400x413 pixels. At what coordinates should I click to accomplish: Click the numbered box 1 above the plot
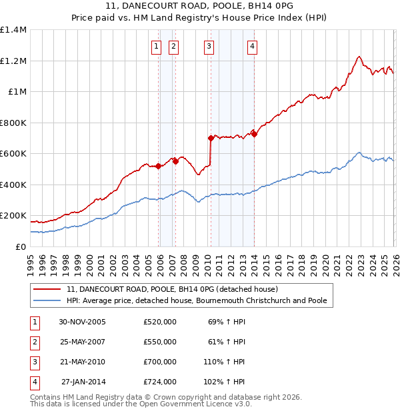coord(156,46)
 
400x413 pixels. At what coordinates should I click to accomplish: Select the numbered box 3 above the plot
coord(209,46)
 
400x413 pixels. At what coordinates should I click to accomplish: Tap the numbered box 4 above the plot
coord(253,46)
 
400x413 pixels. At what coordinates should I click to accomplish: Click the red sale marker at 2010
coord(211,139)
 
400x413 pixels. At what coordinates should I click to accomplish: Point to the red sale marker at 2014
coord(254,134)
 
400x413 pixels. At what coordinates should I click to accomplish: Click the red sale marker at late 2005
coord(159,167)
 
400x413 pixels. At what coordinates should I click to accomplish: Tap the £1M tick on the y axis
coord(17,92)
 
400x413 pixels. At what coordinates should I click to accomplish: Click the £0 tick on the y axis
coord(21,246)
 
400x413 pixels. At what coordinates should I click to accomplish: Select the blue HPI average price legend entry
coord(197,300)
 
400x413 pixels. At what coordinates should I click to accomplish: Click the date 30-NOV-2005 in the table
coord(83,322)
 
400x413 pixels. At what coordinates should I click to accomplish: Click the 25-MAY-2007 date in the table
coord(83,342)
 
